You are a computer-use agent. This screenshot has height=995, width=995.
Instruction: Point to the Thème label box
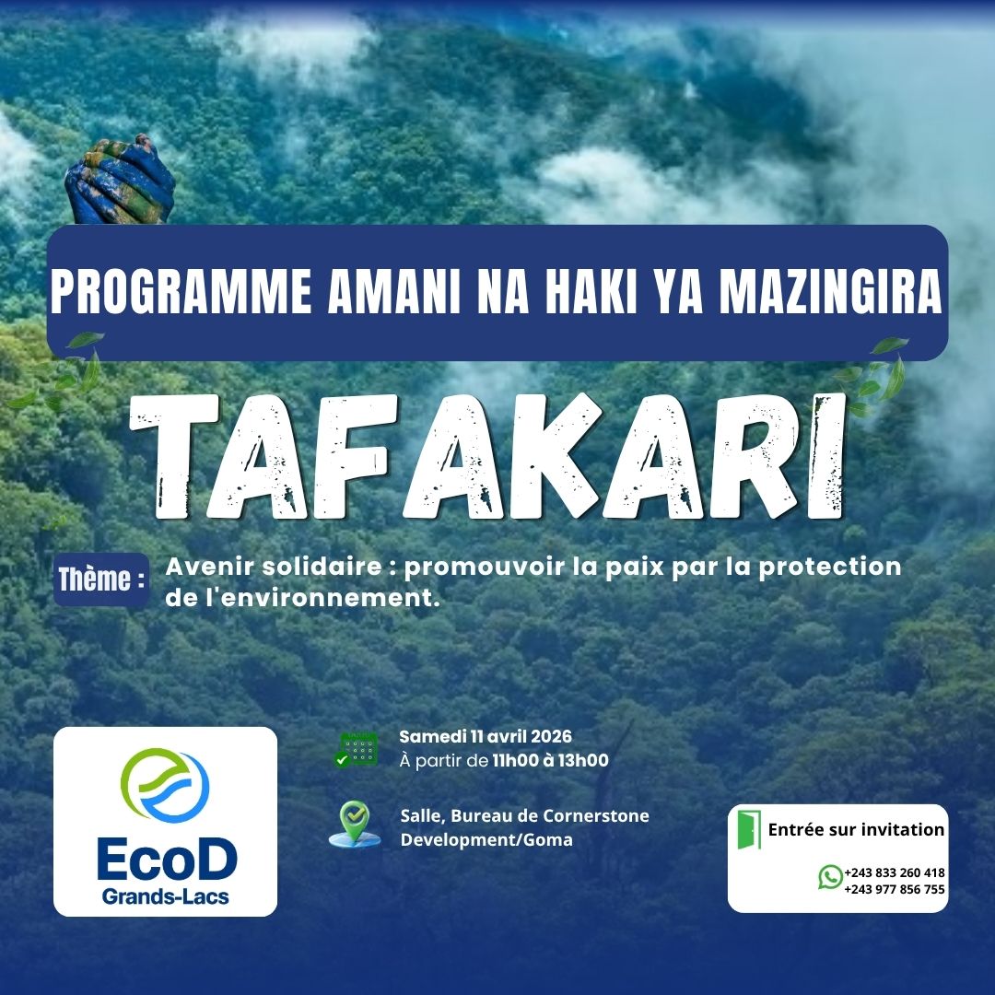(x=101, y=580)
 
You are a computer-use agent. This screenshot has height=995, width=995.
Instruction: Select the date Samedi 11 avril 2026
(x=486, y=737)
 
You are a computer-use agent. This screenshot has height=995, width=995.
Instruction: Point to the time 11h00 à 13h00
(x=549, y=761)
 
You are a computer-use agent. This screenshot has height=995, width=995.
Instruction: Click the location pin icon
(x=355, y=823)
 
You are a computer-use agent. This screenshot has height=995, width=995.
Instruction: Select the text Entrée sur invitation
(x=856, y=830)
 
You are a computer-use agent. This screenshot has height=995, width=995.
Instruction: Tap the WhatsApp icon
(x=830, y=877)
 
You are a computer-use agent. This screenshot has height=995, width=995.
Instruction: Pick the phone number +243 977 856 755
(x=894, y=889)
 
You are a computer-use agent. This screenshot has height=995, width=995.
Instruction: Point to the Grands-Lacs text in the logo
(x=166, y=896)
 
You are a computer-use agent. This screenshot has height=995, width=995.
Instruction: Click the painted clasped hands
(x=121, y=181)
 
